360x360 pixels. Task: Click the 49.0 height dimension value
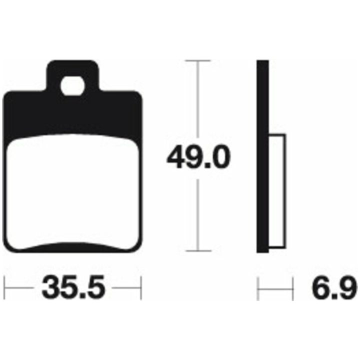point(198,157)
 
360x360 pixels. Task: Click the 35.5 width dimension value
point(73,287)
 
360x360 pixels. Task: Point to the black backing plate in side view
point(262,156)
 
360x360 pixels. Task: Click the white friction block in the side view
point(277,191)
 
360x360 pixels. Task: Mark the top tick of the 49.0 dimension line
point(198,61)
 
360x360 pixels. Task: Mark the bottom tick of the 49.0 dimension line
point(198,250)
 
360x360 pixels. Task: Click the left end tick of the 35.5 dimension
point(4,288)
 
